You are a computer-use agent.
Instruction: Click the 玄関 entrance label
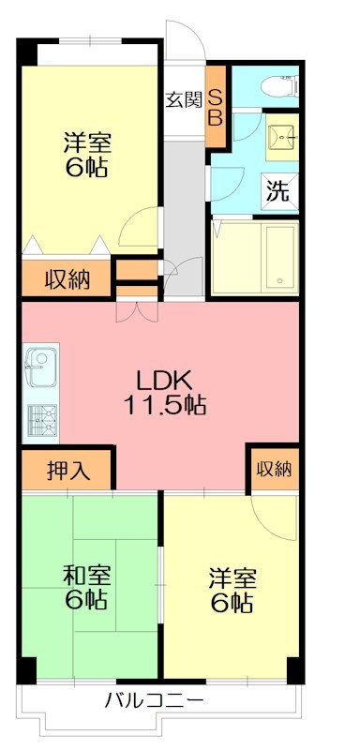click(x=184, y=99)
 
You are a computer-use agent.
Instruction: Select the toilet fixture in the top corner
click(x=279, y=85)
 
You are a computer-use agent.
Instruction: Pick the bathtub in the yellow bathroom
click(x=279, y=258)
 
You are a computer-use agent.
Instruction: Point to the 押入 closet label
click(x=67, y=470)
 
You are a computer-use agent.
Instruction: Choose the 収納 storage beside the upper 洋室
click(x=67, y=278)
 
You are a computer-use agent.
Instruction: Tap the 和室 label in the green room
click(x=86, y=572)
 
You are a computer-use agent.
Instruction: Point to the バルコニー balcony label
click(x=154, y=699)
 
